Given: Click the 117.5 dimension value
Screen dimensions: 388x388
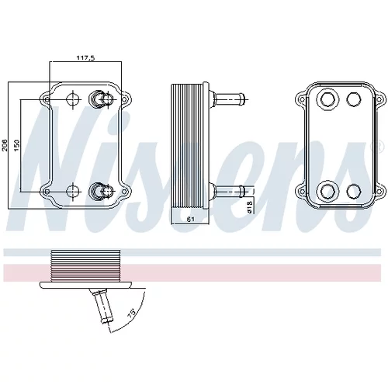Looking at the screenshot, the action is click(x=85, y=57).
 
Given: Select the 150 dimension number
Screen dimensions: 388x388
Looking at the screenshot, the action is click(x=17, y=146).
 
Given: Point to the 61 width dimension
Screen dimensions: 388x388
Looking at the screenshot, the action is click(x=191, y=220).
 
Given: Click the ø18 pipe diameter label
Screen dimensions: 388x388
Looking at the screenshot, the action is click(x=250, y=207).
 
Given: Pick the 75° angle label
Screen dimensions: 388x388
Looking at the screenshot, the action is click(x=132, y=312).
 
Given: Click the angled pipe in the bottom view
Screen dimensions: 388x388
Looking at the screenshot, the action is click(x=102, y=306).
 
